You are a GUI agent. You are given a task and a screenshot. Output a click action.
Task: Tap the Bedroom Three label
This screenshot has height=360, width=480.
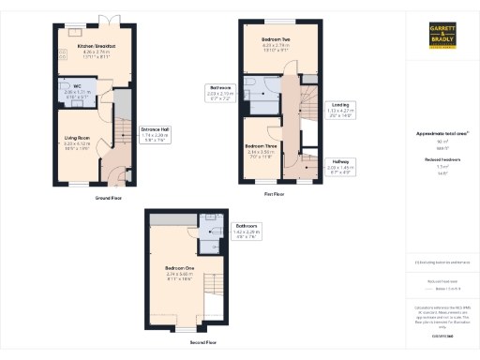click(260, 150)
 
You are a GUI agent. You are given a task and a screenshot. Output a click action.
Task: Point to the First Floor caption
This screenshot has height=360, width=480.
click(274, 193)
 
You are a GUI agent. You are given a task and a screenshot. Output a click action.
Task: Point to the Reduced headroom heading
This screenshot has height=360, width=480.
click(442, 160)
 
